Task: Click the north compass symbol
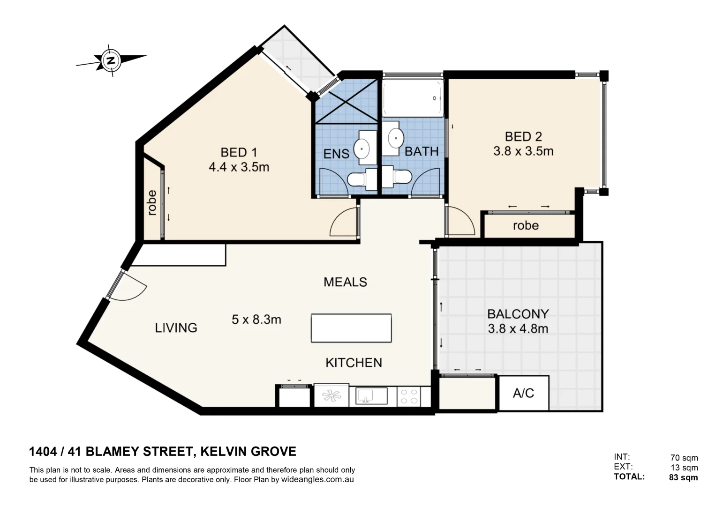pyautogui.click(x=111, y=60)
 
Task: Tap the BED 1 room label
pyautogui.click(x=239, y=152)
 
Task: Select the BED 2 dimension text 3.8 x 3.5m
pyautogui.click(x=523, y=151)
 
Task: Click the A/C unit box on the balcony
pyautogui.click(x=523, y=393)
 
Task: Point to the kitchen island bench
pyautogui.click(x=351, y=328)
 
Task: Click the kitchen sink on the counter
pyautogui.click(x=371, y=396)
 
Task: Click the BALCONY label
pyautogui.click(x=518, y=313)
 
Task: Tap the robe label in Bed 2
pyautogui.click(x=526, y=226)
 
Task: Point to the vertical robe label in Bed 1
pyautogui.click(x=151, y=202)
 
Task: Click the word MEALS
pyautogui.click(x=345, y=282)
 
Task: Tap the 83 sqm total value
pyautogui.click(x=683, y=477)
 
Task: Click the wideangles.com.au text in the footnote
pyautogui.click(x=317, y=480)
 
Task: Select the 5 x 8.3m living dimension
pyautogui.click(x=256, y=320)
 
